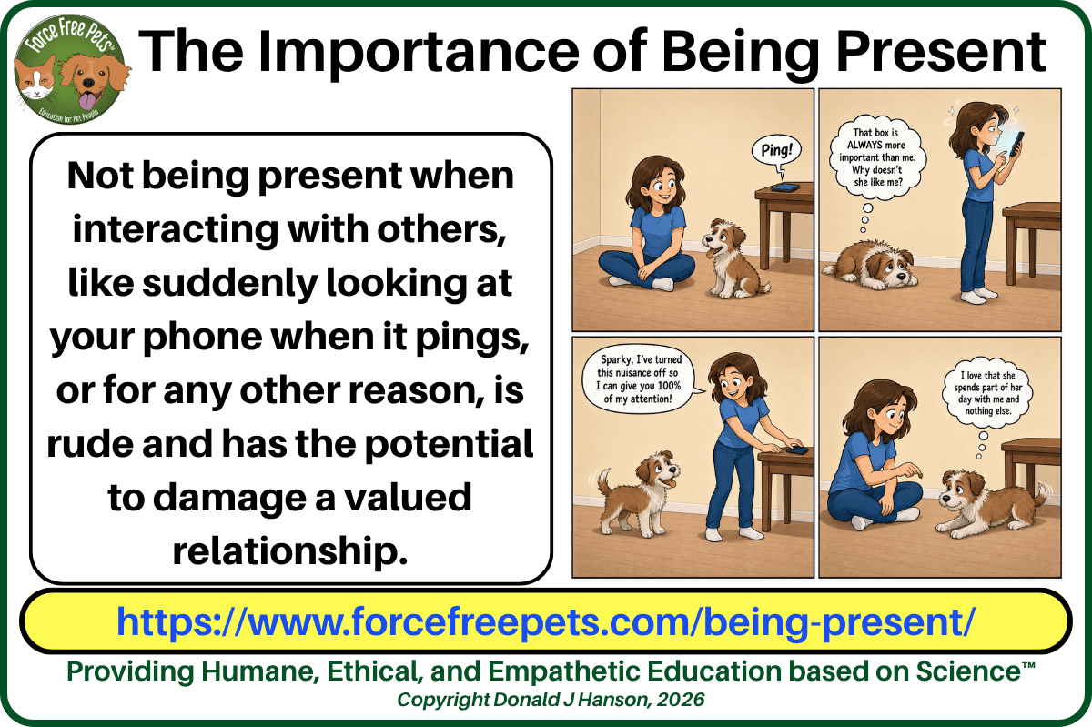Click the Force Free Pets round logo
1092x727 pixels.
[x=70, y=69]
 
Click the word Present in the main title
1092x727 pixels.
[x=941, y=52]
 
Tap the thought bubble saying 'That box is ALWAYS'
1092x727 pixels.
[x=878, y=158]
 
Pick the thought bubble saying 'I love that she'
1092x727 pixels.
[x=987, y=393]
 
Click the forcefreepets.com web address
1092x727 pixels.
[x=546, y=621]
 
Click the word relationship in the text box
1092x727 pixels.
[x=290, y=551]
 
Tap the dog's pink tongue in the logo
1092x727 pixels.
[x=87, y=101]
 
